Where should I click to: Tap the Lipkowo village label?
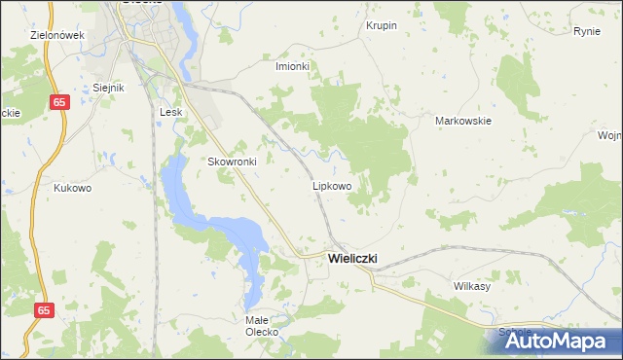point(331,185)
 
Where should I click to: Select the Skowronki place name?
point(232,162)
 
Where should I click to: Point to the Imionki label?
point(292,66)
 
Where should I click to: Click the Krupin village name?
point(381,25)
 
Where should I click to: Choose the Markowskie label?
point(462,122)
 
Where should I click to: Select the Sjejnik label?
point(109,88)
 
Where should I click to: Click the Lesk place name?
point(171,112)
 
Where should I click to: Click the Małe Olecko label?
point(262,325)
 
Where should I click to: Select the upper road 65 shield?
point(60,101)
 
